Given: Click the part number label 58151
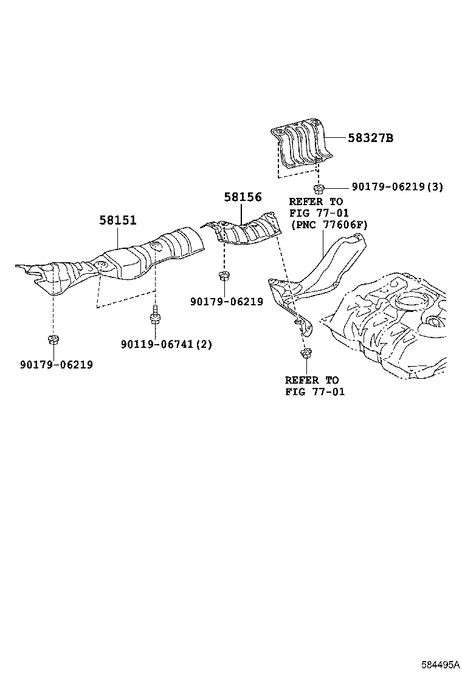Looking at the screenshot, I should coord(118,220).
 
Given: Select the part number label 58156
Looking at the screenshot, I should coord(243,197).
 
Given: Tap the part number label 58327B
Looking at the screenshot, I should coord(370,138).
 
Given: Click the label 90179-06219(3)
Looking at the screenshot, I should coord(397,187).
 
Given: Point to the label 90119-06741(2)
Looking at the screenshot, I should coord(167,344).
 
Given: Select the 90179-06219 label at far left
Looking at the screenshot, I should coord(57,364).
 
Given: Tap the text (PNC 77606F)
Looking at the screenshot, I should coord(329,225).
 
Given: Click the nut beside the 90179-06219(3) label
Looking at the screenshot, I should coord(318,186).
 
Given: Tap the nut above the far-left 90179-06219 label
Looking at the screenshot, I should coord(52,339).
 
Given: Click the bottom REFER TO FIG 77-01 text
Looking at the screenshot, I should coord(314,386).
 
